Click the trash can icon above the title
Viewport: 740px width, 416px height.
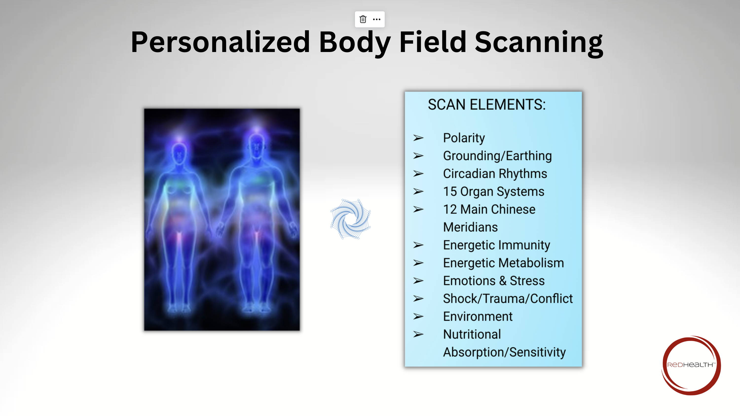click(363, 19)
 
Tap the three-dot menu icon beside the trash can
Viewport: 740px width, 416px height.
click(377, 19)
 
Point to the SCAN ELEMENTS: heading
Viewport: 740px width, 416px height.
click(487, 105)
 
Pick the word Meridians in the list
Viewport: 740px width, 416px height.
click(470, 227)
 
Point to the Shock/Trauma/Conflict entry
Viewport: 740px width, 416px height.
click(508, 299)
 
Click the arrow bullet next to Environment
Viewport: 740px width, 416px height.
click(418, 317)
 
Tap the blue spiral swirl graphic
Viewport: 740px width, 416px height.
click(351, 219)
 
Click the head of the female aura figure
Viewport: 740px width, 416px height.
click(179, 153)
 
